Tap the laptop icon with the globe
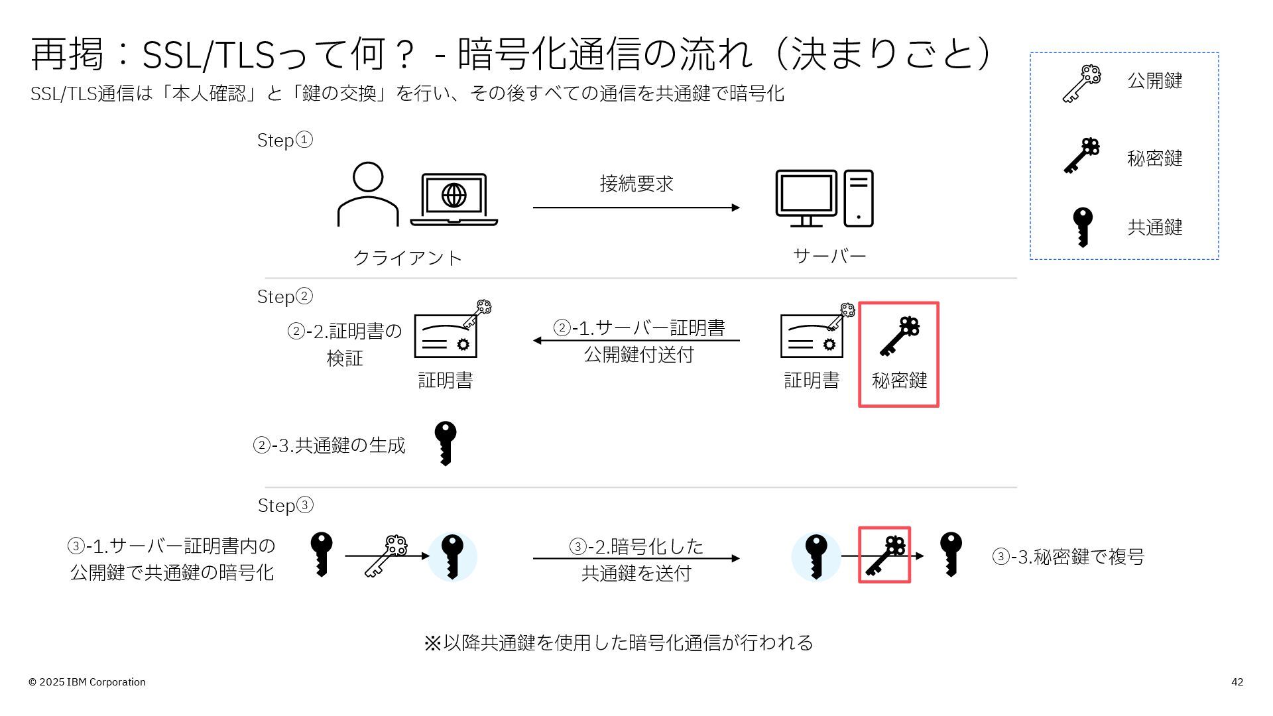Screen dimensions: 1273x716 [454, 200]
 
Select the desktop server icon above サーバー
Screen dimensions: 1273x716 [824, 198]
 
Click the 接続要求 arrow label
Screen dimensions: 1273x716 [636, 184]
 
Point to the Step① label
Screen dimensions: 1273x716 [284, 141]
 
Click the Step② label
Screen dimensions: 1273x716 [284, 297]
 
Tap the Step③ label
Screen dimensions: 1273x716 [285, 506]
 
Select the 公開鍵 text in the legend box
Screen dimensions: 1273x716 [1154, 81]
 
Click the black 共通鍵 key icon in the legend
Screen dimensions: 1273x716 [1083, 227]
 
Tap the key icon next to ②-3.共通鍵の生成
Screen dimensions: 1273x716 [446, 444]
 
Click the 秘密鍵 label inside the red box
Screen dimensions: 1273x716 [899, 381]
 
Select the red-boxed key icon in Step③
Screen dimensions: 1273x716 [885, 556]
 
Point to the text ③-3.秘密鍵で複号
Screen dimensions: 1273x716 [1067, 557]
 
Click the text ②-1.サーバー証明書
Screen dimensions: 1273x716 [638, 328]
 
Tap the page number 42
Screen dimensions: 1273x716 [1237, 682]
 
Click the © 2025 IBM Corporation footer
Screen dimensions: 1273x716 [87, 682]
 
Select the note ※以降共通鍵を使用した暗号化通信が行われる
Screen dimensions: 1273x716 [618, 643]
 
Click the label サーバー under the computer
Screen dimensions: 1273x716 [829, 256]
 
